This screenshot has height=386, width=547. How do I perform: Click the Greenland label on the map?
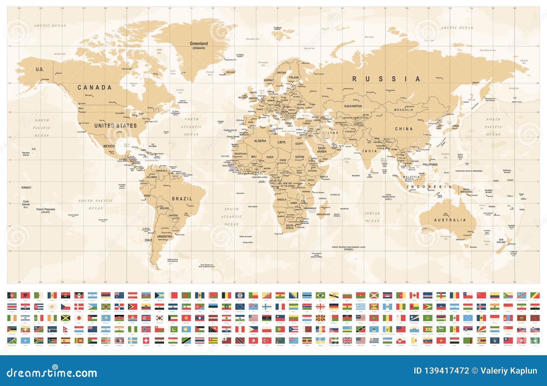[199, 44]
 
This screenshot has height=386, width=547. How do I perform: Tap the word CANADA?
[95, 88]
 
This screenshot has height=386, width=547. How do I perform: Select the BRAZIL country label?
[182, 199]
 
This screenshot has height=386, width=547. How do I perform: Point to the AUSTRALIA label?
[450, 220]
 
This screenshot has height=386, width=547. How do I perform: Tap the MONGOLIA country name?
[403, 110]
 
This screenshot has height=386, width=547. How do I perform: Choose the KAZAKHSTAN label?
[353, 106]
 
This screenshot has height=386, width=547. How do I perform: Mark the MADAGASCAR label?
[323, 214]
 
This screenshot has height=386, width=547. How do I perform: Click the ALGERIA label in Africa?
[260, 141]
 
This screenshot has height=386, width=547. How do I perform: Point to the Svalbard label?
[278, 28]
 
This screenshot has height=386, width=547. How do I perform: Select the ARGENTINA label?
[164, 236]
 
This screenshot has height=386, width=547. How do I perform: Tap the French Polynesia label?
[45, 209]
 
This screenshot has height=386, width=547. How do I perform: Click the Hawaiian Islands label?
[26, 154]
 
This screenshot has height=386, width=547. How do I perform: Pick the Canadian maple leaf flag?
[414, 295]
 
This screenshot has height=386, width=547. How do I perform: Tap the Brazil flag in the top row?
[320, 295]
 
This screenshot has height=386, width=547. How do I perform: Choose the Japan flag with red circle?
[79, 318]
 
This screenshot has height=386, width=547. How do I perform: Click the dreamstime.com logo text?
[52, 372]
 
